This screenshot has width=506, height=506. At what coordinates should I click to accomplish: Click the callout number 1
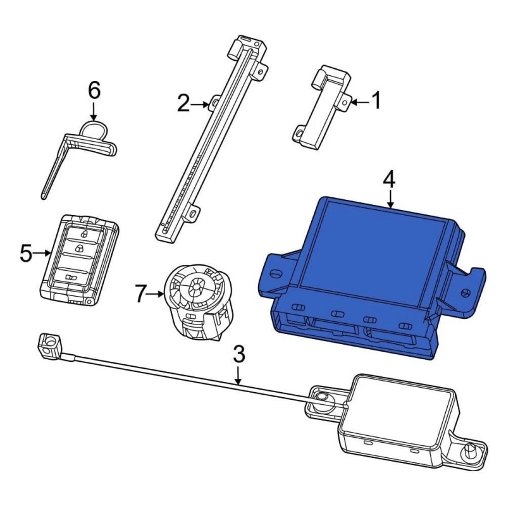coord(376,101)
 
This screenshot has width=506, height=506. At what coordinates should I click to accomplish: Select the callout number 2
coord(183,103)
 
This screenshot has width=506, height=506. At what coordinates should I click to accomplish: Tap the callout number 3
coord(239,354)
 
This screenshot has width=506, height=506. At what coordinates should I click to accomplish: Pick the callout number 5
coord(26,253)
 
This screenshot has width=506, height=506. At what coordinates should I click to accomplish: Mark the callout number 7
coord(140,293)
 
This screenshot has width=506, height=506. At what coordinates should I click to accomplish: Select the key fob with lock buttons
coord(79,260)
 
